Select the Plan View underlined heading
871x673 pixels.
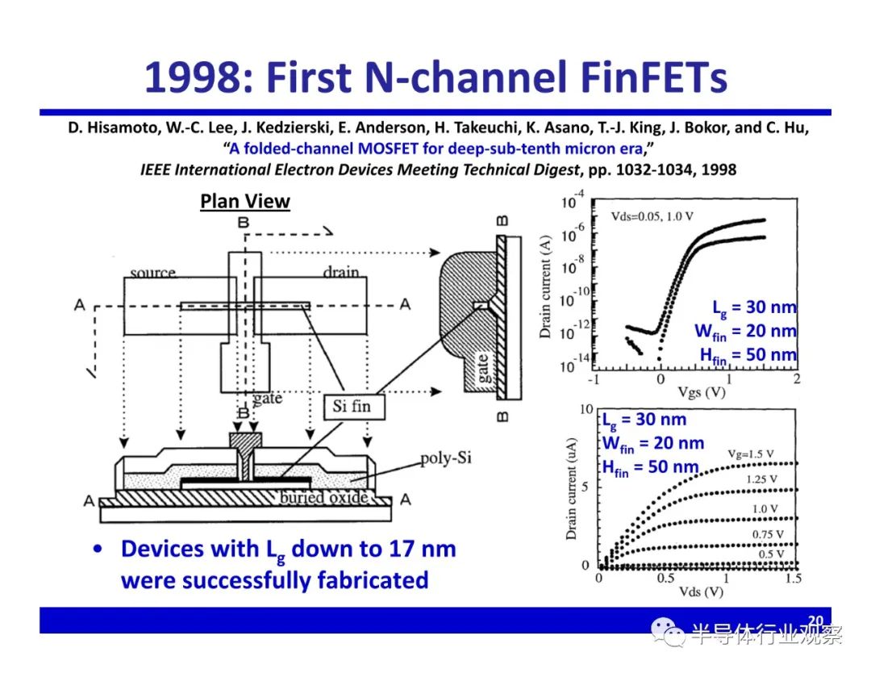(245, 201)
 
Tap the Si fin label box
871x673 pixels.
(354, 407)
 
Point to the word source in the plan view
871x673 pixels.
(152, 272)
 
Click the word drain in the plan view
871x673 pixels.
(341, 271)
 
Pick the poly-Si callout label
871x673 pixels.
(445, 458)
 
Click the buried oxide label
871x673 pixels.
(323, 497)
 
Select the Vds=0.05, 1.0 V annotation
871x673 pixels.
(652, 216)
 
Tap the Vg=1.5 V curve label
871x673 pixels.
(751, 454)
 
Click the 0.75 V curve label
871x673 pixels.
(768, 534)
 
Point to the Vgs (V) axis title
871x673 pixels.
(702, 392)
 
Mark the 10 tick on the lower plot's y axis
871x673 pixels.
(586, 410)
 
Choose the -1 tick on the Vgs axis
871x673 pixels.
(594, 379)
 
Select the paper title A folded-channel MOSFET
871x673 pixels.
(436, 148)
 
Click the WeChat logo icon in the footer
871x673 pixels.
(668, 633)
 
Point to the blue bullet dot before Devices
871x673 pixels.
(98, 549)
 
